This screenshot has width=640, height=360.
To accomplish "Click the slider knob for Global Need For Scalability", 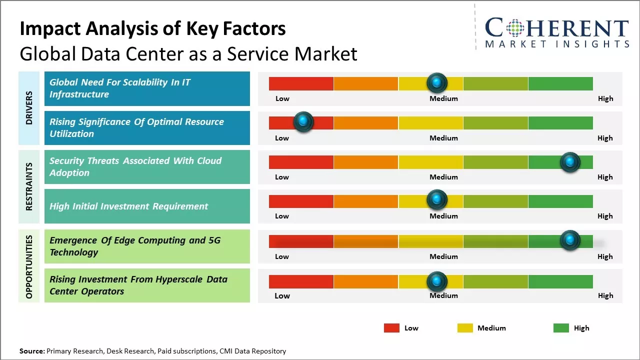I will [x=437, y=82].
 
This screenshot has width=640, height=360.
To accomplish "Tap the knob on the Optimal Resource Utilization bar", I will [x=303, y=121].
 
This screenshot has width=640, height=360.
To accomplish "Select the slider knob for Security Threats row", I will [x=569, y=161].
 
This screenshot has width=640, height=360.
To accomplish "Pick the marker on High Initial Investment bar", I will [x=437, y=200].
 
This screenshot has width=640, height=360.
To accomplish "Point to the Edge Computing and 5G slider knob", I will [x=569, y=240].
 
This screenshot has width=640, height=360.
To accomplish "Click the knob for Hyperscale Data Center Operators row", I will [x=437, y=281].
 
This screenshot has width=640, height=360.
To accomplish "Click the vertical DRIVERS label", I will [x=29, y=108].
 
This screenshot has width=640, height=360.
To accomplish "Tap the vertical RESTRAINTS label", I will [x=29, y=186].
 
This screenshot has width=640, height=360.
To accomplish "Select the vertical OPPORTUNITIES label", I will [x=29, y=266].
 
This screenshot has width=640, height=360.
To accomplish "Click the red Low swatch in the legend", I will [x=391, y=328].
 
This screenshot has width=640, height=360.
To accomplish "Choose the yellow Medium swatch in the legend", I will [x=465, y=328].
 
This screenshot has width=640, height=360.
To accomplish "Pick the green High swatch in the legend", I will [x=561, y=328].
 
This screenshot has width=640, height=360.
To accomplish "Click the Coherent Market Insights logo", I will [x=556, y=32].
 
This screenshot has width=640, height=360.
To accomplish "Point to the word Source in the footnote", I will [x=31, y=351].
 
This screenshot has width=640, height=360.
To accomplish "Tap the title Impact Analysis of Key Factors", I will [x=152, y=28].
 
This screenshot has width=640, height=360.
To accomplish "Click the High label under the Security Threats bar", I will [x=605, y=177].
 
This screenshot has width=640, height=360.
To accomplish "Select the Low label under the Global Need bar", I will [x=282, y=98].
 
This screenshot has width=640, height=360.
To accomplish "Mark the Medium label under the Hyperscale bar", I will [x=443, y=295].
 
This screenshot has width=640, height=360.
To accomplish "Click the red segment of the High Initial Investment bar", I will [x=301, y=201].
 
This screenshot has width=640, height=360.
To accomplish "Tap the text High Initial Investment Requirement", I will [x=128, y=206].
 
